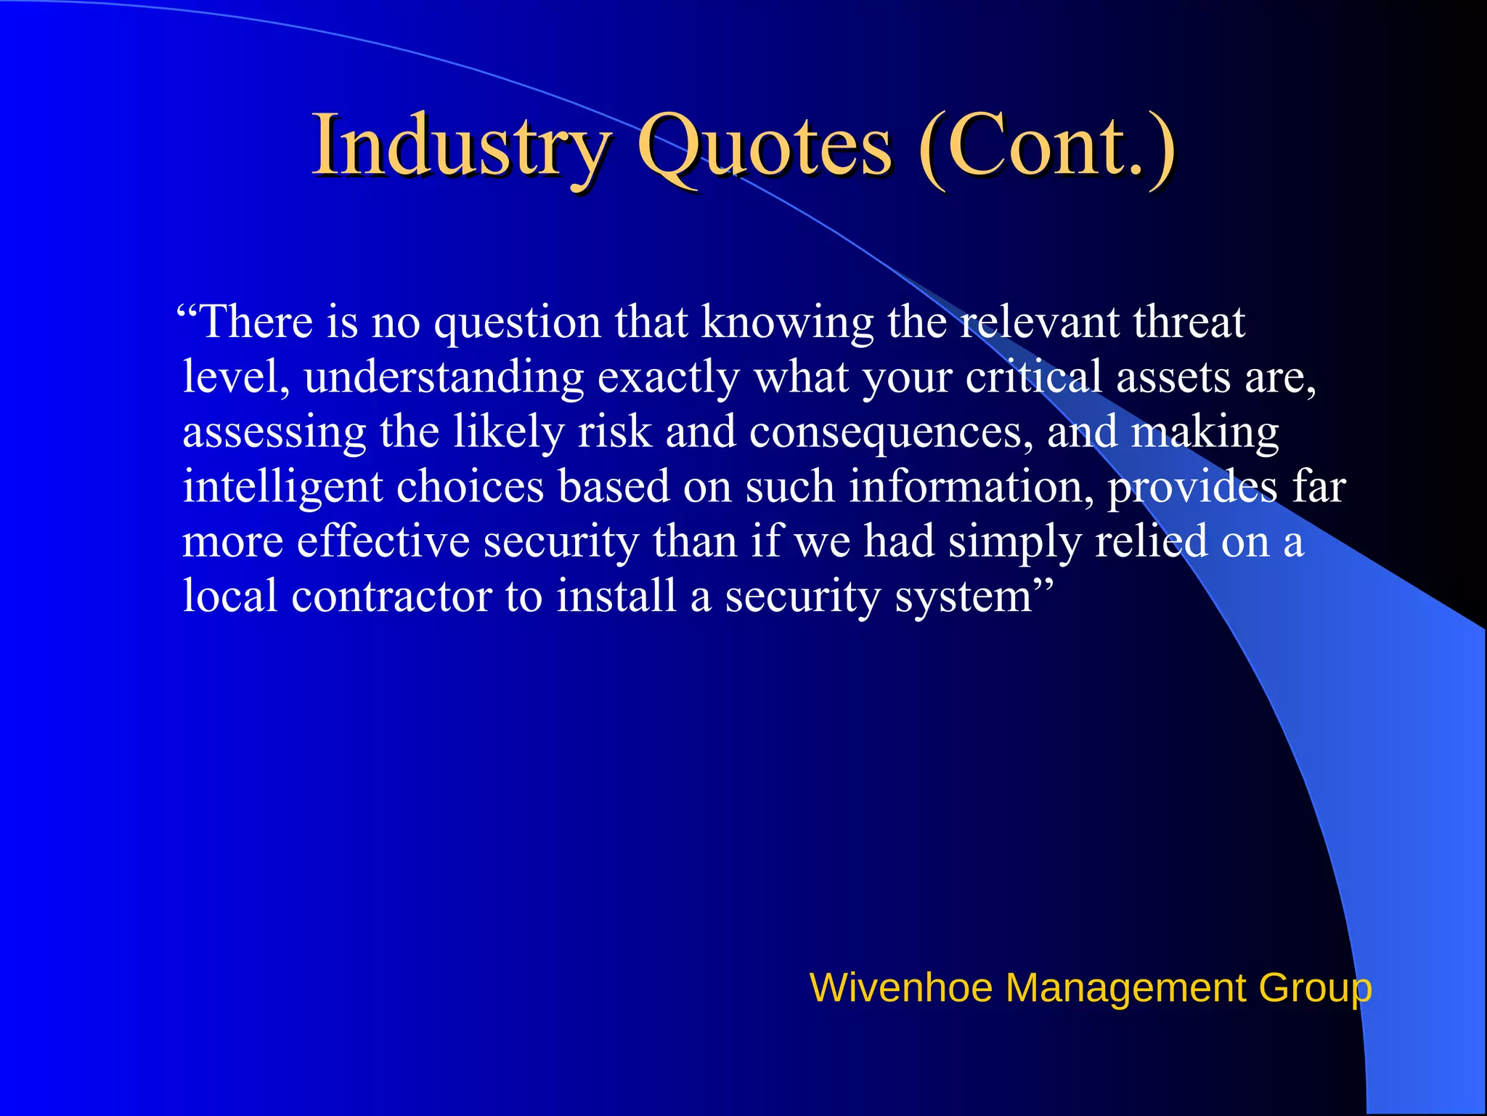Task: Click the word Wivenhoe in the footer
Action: [900, 988]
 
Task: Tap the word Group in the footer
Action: [1315, 988]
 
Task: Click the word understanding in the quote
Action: [444, 378]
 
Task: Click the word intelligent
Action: [282, 488]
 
